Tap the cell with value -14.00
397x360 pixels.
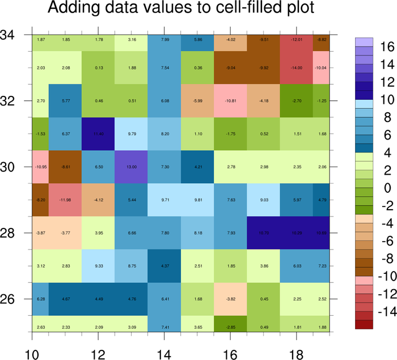[x=296, y=68]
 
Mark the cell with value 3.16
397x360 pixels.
[x=131, y=40]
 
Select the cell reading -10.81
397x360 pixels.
[x=230, y=101]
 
